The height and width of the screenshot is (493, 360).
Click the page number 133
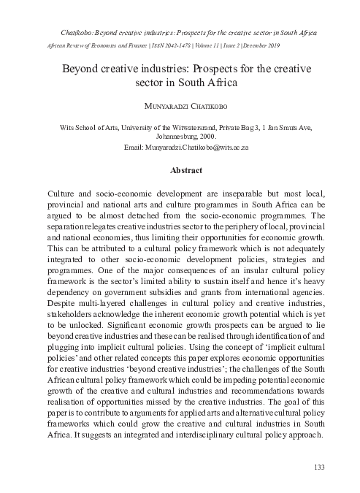[318, 467]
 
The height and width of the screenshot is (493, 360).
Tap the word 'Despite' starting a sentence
[61, 321]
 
